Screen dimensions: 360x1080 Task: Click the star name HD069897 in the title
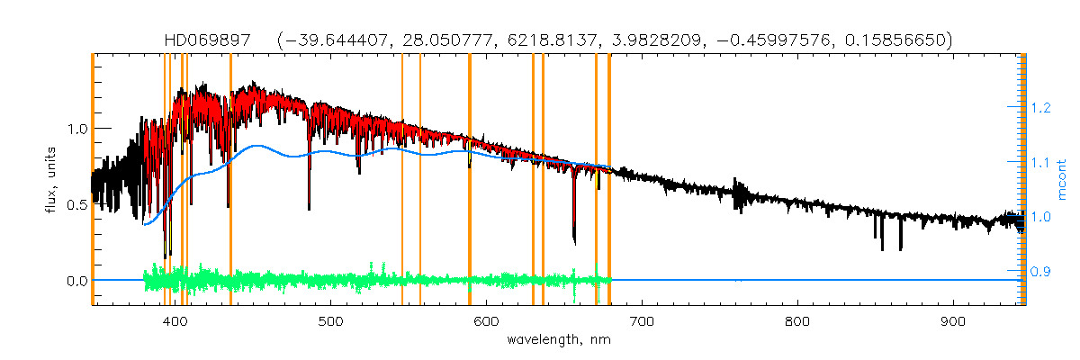tap(209, 40)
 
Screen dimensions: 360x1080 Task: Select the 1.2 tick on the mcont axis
tap(1041, 107)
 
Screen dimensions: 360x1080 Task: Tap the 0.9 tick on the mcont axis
tap(1041, 271)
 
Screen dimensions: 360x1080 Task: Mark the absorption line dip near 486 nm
tap(309, 208)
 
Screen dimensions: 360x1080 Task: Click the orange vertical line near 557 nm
tap(420, 180)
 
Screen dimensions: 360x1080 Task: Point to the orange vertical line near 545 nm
tap(401, 180)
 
